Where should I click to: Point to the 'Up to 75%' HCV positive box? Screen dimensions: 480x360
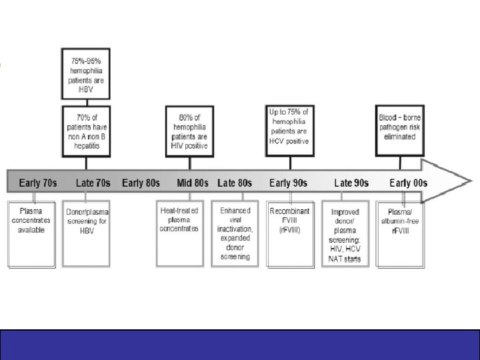(289, 127)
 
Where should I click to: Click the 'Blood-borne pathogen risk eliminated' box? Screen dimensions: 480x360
(401, 127)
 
